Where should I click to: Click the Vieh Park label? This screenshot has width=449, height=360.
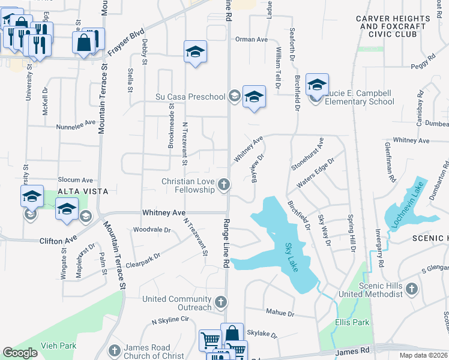[x=59, y=346]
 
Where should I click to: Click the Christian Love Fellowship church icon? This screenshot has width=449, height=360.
[x=224, y=184]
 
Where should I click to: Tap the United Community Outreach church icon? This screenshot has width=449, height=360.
[x=221, y=301]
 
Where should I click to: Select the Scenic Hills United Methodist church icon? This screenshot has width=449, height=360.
[x=412, y=289]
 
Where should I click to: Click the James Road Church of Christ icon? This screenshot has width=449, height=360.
[x=115, y=350]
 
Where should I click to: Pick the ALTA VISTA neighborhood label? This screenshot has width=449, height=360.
[x=83, y=191]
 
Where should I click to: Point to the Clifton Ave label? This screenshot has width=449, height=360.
[x=58, y=241]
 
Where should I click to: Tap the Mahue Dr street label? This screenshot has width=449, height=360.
[x=280, y=313]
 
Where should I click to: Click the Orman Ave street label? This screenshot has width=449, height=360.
[x=252, y=40]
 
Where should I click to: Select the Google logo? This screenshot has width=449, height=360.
[x=20, y=353]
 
